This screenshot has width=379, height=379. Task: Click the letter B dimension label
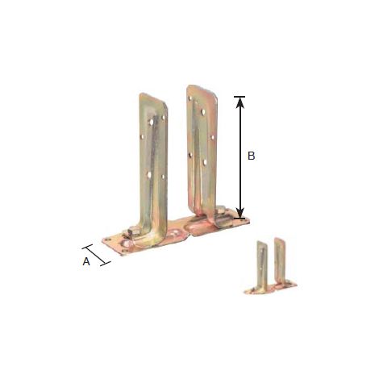[x=251, y=156]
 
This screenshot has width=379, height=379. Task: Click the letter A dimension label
[x=86, y=261]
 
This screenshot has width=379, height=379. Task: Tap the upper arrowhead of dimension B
[x=240, y=102]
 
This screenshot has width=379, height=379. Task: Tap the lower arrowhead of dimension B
[x=240, y=212]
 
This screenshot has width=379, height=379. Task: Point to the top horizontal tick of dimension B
[x=239, y=97]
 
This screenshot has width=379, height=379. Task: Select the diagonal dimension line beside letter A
[x=96, y=255]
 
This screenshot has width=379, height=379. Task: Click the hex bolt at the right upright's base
[x=221, y=210]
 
